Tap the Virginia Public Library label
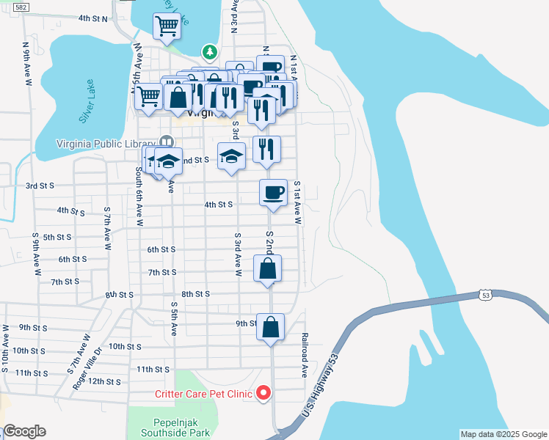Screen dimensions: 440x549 point(108,143)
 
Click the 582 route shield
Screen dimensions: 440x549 point(22,7)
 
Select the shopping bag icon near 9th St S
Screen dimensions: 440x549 point(270,326)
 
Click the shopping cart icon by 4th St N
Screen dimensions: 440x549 point(167,26)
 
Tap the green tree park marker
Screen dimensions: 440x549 point(211,52)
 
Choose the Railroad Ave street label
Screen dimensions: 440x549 point(304,356)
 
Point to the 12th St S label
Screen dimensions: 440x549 point(104,381)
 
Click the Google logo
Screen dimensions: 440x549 point(23,431)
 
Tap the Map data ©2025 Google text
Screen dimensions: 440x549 point(503,434)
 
